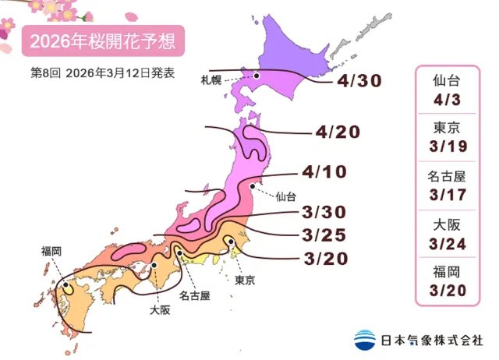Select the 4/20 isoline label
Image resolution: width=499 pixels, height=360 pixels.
coord(337,132)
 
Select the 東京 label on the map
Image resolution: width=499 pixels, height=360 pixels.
coord(245,279)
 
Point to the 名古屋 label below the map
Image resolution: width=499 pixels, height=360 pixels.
coord(195,295)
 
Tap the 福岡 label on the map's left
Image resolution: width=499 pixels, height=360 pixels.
coord(52,251)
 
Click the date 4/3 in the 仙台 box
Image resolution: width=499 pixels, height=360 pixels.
coord(448,98)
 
